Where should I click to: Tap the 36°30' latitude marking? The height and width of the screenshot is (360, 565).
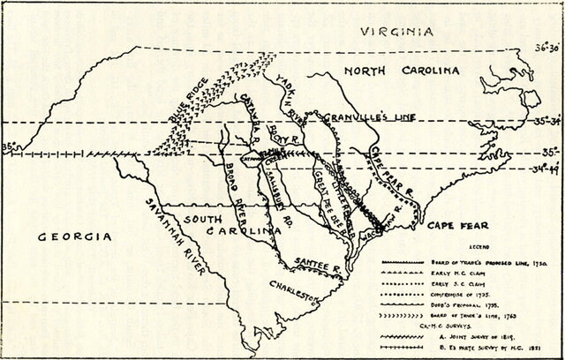point(541,49)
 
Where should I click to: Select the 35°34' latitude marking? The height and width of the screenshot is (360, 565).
point(541,121)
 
